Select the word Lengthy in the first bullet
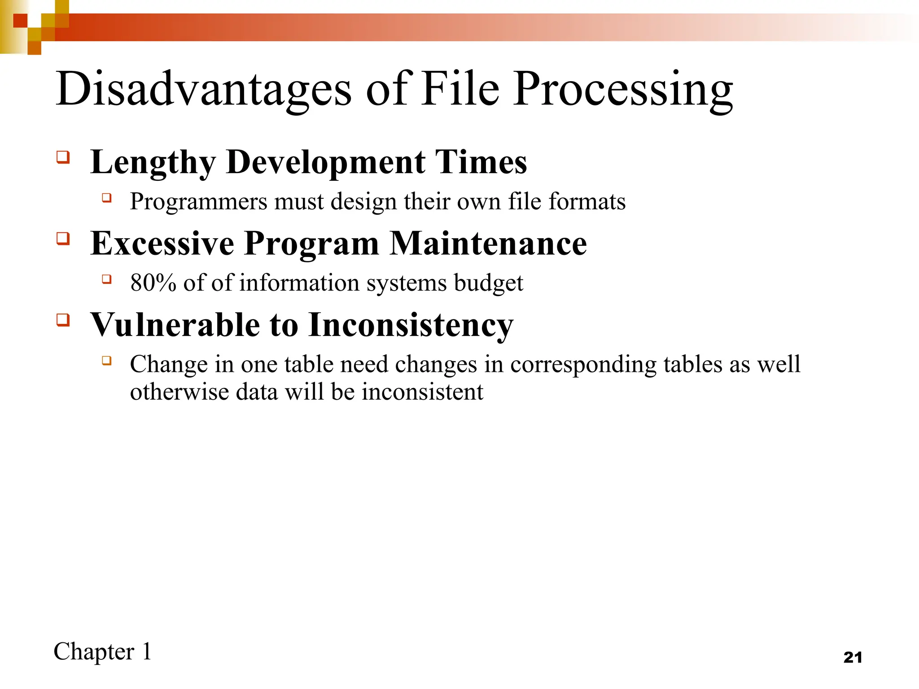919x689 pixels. pos(153,162)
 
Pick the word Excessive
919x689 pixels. pos(162,243)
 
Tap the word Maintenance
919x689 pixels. pos(488,243)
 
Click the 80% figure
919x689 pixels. pos(153,283)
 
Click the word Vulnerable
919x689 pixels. pos(175,325)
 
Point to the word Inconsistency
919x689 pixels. pos(411,326)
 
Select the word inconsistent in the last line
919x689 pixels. pos(423,392)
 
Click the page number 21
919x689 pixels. pos(853,658)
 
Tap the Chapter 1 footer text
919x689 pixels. pos(102,652)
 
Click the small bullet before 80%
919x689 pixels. pos(106,279)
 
